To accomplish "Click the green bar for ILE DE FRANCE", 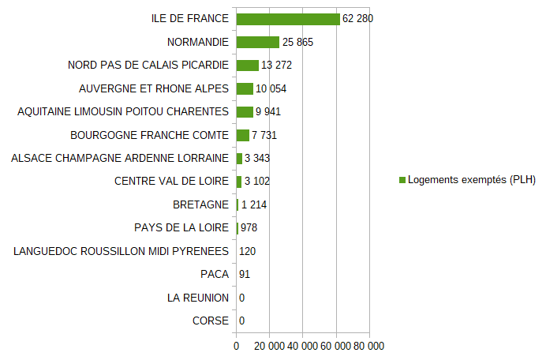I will (x=288, y=19).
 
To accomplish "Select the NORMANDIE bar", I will (x=258, y=42).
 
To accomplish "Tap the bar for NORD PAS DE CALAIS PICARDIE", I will (x=248, y=65).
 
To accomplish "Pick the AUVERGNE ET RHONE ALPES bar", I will (x=245, y=88).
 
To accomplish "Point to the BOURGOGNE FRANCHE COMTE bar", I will (x=243, y=135).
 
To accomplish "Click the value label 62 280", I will (x=358, y=19).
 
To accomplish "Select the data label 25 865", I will (x=298, y=42).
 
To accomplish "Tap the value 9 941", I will (x=268, y=111).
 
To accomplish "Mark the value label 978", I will (x=249, y=228).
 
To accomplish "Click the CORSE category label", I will (x=211, y=321).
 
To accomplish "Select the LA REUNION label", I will (x=198, y=298).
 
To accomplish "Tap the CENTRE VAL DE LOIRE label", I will (x=171, y=182).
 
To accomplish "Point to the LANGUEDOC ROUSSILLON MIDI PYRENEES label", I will (x=122, y=251).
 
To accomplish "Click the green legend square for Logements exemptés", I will (x=402, y=180).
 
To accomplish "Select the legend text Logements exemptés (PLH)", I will (x=472, y=180).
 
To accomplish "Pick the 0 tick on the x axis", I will (x=236, y=346).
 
